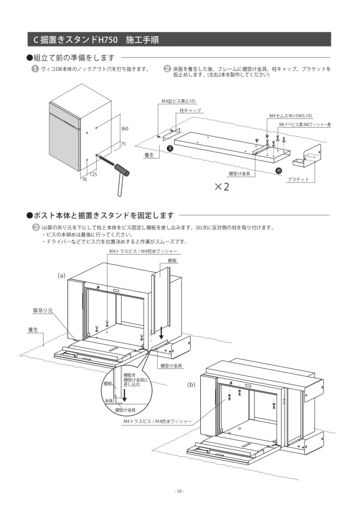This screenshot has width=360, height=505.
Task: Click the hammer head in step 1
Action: tap(121, 170)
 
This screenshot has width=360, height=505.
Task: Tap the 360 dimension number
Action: tap(124, 128)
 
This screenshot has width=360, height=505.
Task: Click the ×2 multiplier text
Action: tap(222, 187)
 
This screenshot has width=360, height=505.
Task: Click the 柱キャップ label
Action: tap(190, 110)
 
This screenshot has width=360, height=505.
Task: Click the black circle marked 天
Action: tap(170, 148)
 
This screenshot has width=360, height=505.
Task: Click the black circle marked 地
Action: tap(279, 170)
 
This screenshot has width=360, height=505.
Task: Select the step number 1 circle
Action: tap(35, 69)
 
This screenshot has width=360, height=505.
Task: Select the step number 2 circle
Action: tap(167, 69)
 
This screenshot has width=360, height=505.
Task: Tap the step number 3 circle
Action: tap(35, 227)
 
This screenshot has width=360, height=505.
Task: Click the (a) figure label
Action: tap(62, 275)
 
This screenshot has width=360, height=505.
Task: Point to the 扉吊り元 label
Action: tap(43, 311)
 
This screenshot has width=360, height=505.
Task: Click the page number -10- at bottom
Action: tap(180, 491)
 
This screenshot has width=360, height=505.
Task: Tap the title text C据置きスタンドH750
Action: tap(76, 39)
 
